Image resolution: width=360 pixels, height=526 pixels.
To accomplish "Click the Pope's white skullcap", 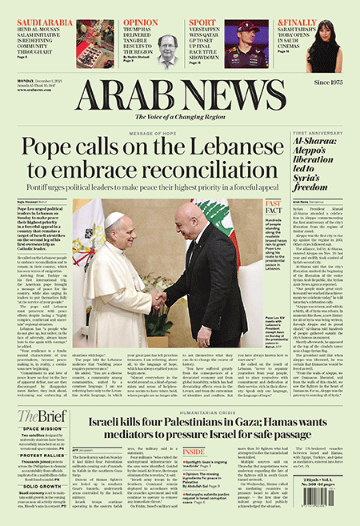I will coord(114,217).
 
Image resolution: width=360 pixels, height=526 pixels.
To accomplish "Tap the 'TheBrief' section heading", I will coord(39,416).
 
